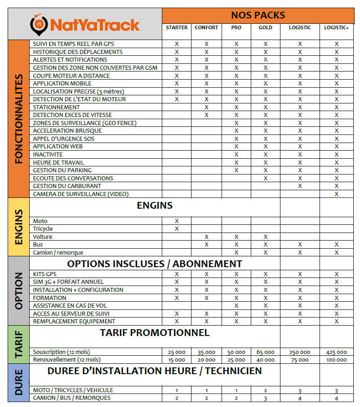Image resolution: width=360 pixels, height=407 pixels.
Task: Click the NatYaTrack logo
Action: point(85,24)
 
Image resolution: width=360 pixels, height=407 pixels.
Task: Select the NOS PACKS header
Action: point(258,15)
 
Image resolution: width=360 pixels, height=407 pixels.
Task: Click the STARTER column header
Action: point(177,27)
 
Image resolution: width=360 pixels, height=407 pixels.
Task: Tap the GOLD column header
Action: point(266,27)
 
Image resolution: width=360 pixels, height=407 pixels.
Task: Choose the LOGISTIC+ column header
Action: point(337,27)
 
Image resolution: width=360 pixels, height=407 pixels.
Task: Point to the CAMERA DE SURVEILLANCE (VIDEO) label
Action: point(81,194)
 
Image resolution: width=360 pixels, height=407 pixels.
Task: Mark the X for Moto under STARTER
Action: point(177,221)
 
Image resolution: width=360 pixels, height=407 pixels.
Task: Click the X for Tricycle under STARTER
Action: point(177,229)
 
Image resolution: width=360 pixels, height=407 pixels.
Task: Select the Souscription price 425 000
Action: point(337,352)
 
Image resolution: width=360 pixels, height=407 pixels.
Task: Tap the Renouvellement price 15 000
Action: point(177,360)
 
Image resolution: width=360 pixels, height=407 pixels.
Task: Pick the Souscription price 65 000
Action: point(266,352)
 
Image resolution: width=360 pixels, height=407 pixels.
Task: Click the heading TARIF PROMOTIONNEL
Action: point(155,333)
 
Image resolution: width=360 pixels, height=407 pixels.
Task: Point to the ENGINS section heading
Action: point(155,206)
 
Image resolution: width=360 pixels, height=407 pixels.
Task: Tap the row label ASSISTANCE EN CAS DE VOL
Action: point(70,306)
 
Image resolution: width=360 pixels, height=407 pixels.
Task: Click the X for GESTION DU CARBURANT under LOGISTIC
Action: point(300,186)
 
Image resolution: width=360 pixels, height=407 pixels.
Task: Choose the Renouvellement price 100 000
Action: point(337,360)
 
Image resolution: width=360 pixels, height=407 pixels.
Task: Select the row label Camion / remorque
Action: point(58,253)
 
